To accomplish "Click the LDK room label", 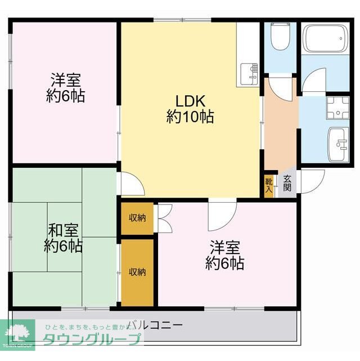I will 189,101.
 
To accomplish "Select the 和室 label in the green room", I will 63,230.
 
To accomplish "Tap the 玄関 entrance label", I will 287,184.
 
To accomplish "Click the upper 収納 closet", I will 137,217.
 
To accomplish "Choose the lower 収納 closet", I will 137,272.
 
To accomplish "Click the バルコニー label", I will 155,325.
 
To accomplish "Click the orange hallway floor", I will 280,130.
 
